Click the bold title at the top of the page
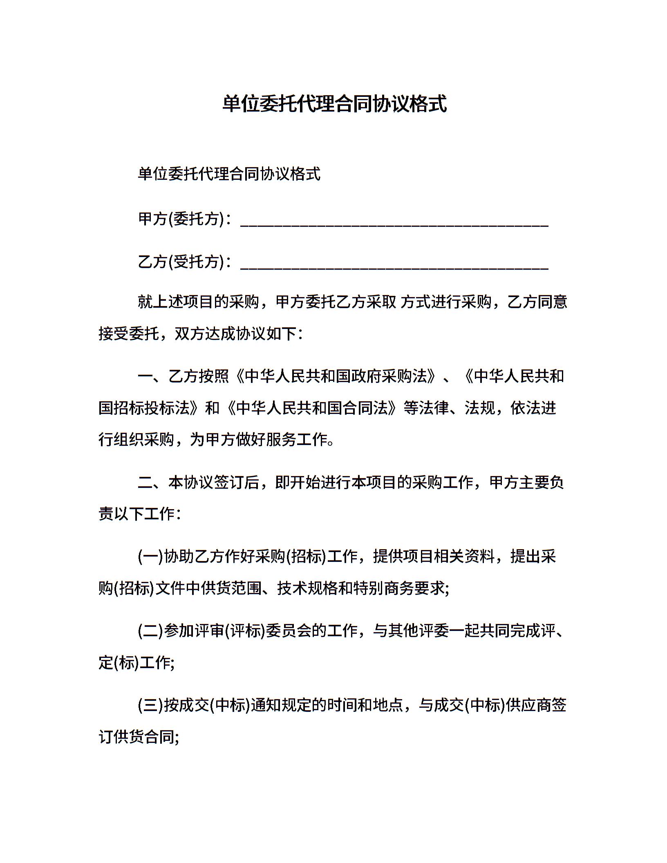pyautogui.click(x=334, y=104)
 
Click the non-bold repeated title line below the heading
pyautogui.click(x=229, y=174)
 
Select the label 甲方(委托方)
pyautogui.click(x=181, y=219)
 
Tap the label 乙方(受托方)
pyautogui.click(x=181, y=262)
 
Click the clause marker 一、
pyautogui.click(x=152, y=376)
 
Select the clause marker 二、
pyautogui.click(x=152, y=482)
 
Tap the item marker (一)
pyautogui.click(x=150, y=557)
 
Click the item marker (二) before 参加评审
pyautogui.click(x=150, y=631)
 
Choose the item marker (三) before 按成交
pyautogui.click(x=150, y=705)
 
